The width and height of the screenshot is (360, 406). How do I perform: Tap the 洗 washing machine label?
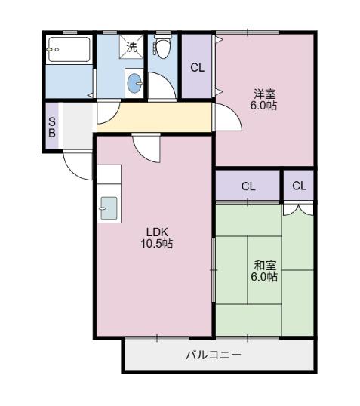pyautogui.click(x=131, y=47)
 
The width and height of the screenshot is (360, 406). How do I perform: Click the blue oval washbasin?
pyautogui.click(x=135, y=83)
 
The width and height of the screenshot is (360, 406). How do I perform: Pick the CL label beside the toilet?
pyautogui.click(x=197, y=68)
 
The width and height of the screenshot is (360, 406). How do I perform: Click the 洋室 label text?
pyautogui.click(x=264, y=94)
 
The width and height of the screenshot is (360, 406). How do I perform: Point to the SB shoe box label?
pyautogui.click(x=52, y=127)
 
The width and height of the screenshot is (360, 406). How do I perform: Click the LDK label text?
pyautogui.click(x=155, y=232)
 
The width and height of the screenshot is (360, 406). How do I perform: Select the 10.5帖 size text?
pyautogui.click(x=155, y=244)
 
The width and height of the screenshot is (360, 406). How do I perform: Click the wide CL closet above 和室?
pyautogui.click(x=248, y=186)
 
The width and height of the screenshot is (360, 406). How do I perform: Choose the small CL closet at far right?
pyautogui.click(x=299, y=186)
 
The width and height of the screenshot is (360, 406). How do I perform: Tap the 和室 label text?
pyautogui.click(x=265, y=265)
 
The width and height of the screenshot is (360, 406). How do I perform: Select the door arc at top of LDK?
pyautogui.click(x=145, y=147)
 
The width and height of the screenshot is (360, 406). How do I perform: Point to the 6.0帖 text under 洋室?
pyautogui.click(x=264, y=106)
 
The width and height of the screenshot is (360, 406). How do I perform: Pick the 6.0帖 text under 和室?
pyautogui.click(x=265, y=277)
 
